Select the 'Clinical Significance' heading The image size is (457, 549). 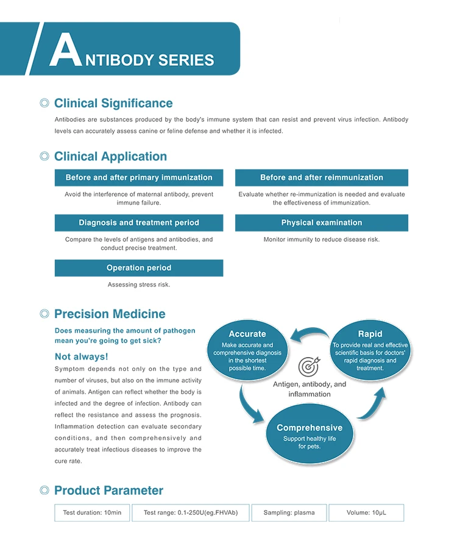click(113, 104)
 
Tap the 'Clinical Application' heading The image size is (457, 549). click(110, 157)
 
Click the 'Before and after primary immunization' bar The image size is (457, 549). click(139, 178)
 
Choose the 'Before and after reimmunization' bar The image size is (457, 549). click(322, 178)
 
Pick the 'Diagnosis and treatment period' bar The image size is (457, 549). click(139, 223)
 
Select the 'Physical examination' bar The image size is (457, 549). click(322, 223)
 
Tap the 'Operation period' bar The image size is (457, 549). click(139, 268)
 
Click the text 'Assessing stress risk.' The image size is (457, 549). click(139, 285)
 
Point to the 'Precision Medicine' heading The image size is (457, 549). click(110, 314)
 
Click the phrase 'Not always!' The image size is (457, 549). click(81, 356)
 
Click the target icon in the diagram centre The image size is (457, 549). click(308, 367)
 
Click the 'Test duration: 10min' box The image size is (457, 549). click(92, 513)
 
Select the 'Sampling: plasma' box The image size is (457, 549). click(289, 513)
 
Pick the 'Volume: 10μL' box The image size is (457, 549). click(366, 513)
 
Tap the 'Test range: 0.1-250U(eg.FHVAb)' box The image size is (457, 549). click(191, 513)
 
